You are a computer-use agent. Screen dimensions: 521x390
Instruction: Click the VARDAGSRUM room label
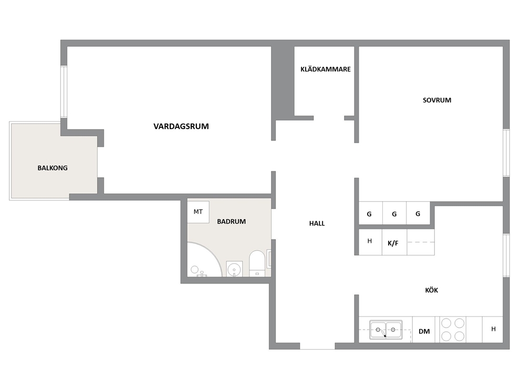click(x=181, y=126)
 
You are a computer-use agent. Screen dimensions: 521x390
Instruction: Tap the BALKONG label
click(x=53, y=168)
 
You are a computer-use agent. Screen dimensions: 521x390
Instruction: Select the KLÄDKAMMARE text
click(x=326, y=69)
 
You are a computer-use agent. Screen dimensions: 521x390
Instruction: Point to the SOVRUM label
click(x=437, y=100)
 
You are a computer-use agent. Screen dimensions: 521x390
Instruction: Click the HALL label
click(x=317, y=223)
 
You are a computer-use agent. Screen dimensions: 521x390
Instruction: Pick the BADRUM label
click(x=232, y=222)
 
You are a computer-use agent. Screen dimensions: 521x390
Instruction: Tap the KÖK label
click(x=432, y=290)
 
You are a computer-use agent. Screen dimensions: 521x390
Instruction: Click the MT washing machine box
click(x=198, y=212)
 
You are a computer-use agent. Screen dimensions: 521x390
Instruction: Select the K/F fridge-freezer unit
click(x=394, y=242)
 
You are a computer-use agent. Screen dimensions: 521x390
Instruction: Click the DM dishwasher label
click(x=424, y=331)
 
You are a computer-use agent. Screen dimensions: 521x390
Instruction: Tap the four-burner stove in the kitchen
click(x=453, y=330)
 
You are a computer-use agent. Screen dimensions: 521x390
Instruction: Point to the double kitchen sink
click(x=386, y=330)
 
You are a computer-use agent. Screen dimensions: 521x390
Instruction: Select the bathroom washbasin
click(x=235, y=268)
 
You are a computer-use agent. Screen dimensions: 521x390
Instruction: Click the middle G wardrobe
click(x=394, y=213)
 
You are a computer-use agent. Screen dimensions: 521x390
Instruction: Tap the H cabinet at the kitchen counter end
click(x=493, y=330)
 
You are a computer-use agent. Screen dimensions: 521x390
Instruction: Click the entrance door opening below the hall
click(x=317, y=346)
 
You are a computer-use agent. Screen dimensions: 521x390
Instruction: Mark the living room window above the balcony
click(x=64, y=92)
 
